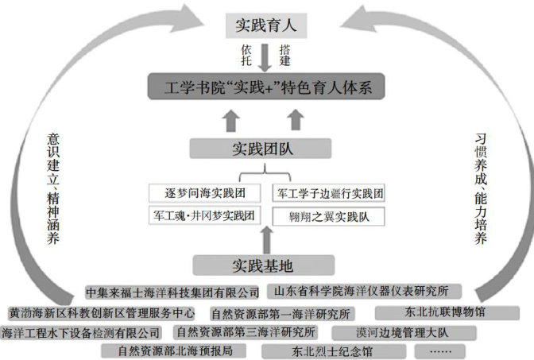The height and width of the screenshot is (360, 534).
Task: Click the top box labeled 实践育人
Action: coord(265,25)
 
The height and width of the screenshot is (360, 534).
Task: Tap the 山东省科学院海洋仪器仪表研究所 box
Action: coord(368,291)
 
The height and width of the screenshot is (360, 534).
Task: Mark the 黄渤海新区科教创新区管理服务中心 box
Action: coord(102,312)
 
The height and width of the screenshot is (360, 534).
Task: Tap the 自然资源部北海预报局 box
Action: coord(176,350)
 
